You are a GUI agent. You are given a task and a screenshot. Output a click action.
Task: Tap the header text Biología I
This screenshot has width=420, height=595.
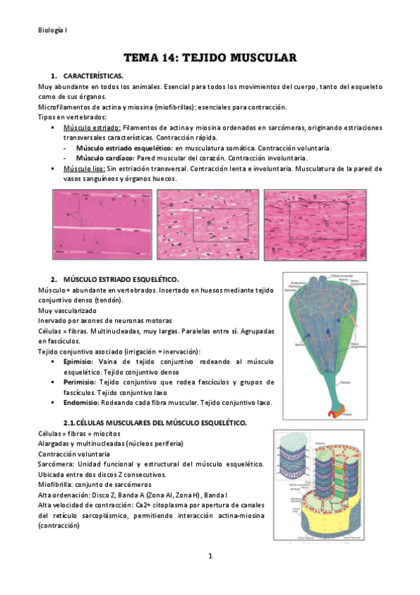click(53, 30)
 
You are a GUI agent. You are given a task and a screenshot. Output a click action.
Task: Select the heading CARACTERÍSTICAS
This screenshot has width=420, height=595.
click(93, 75)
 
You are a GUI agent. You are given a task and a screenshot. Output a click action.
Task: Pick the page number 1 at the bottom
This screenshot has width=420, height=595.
click(210, 556)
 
